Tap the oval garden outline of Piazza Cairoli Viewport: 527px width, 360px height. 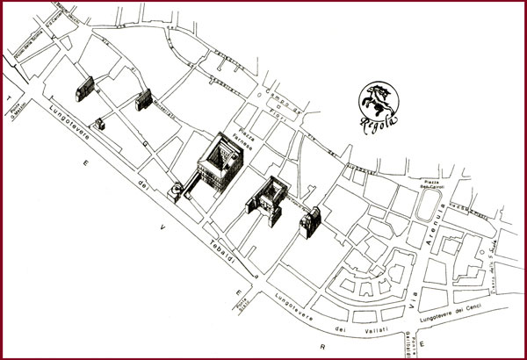point(430,210)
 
